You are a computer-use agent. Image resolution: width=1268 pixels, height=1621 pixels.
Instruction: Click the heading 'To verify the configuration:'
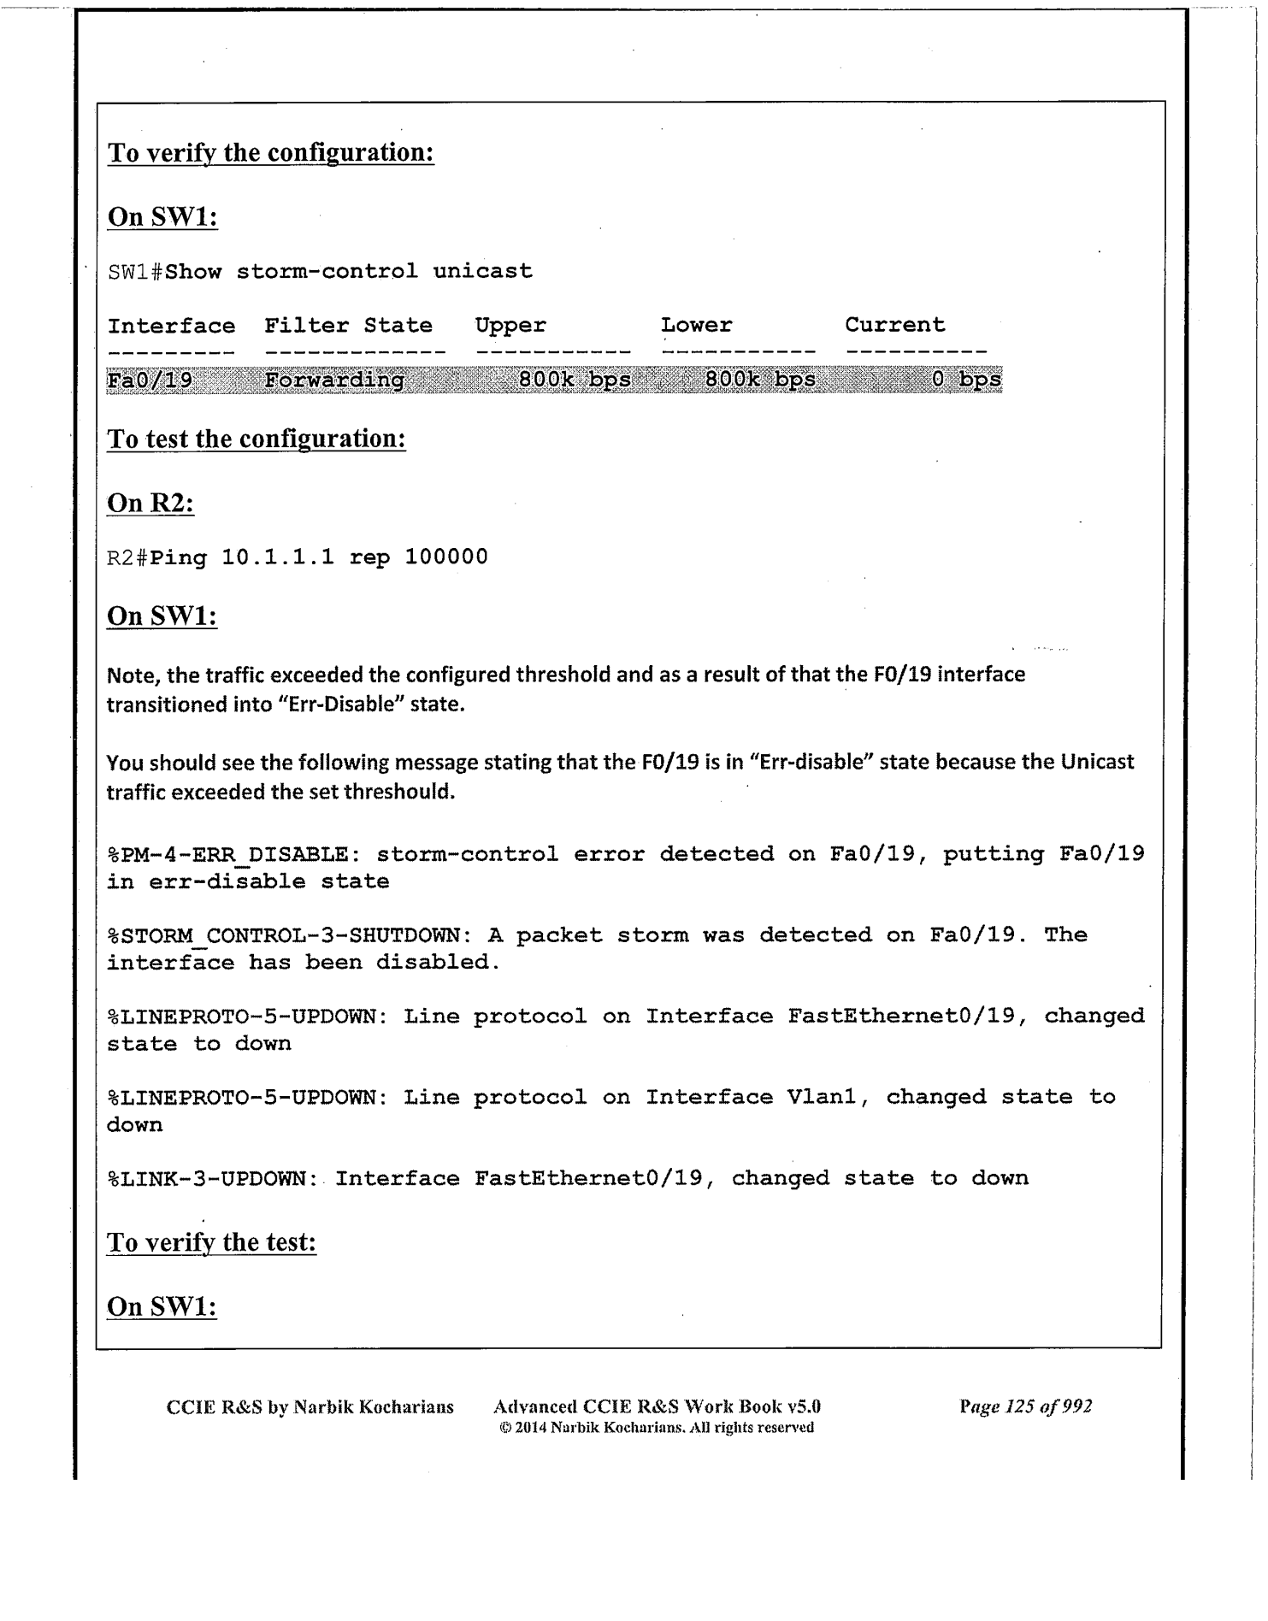point(270,153)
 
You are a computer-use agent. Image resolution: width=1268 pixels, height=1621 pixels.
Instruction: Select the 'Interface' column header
point(171,326)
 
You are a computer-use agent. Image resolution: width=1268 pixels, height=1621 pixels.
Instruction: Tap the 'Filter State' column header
point(348,326)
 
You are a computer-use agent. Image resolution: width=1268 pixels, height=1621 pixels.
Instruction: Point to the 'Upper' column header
point(510,326)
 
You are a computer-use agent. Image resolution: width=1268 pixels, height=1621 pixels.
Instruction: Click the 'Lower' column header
point(696,326)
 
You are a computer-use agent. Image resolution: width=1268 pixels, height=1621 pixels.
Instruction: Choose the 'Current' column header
point(895,325)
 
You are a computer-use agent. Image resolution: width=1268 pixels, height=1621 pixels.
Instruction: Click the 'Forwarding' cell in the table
point(334,380)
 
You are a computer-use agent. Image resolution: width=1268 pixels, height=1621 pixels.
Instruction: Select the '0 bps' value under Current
point(966,380)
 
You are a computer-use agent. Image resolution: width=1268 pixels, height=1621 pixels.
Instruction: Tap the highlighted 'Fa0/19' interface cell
point(150,380)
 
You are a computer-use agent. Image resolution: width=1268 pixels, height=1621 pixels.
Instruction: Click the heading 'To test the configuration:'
point(256,439)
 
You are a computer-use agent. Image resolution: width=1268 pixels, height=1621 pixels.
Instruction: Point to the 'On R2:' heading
point(150,503)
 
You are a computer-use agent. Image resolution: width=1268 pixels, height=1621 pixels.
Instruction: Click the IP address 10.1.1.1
point(278,557)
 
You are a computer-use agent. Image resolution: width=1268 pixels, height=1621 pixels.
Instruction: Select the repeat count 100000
point(445,557)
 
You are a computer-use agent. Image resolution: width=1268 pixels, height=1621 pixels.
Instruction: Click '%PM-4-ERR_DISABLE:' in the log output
point(227,854)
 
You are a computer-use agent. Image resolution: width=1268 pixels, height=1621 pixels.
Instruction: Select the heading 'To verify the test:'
point(211,1242)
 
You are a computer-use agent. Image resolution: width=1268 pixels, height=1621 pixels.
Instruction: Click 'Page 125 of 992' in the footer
point(1025,1406)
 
